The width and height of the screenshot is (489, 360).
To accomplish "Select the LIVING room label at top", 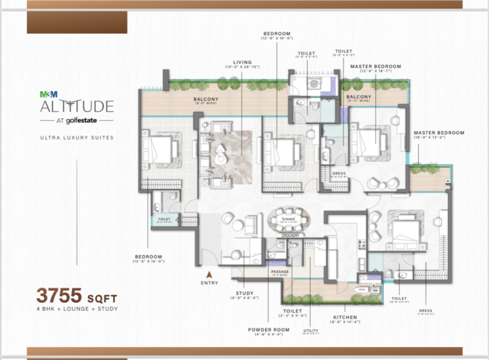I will pyautogui.click(x=242, y=62).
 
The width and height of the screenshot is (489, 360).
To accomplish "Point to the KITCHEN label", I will pyautogui.click(x=345, y=317).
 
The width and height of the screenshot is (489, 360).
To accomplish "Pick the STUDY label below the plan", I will pyautogui.click(x=244, y=293).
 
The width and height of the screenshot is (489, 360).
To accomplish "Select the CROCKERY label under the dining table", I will pyautogui.click(x=290, y=234).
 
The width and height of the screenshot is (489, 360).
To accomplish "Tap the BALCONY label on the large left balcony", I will pyautogui.click(x=205, y=100).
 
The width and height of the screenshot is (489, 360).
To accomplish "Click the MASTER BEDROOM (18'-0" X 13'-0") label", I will pyautogui.click(x=438, y=132).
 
